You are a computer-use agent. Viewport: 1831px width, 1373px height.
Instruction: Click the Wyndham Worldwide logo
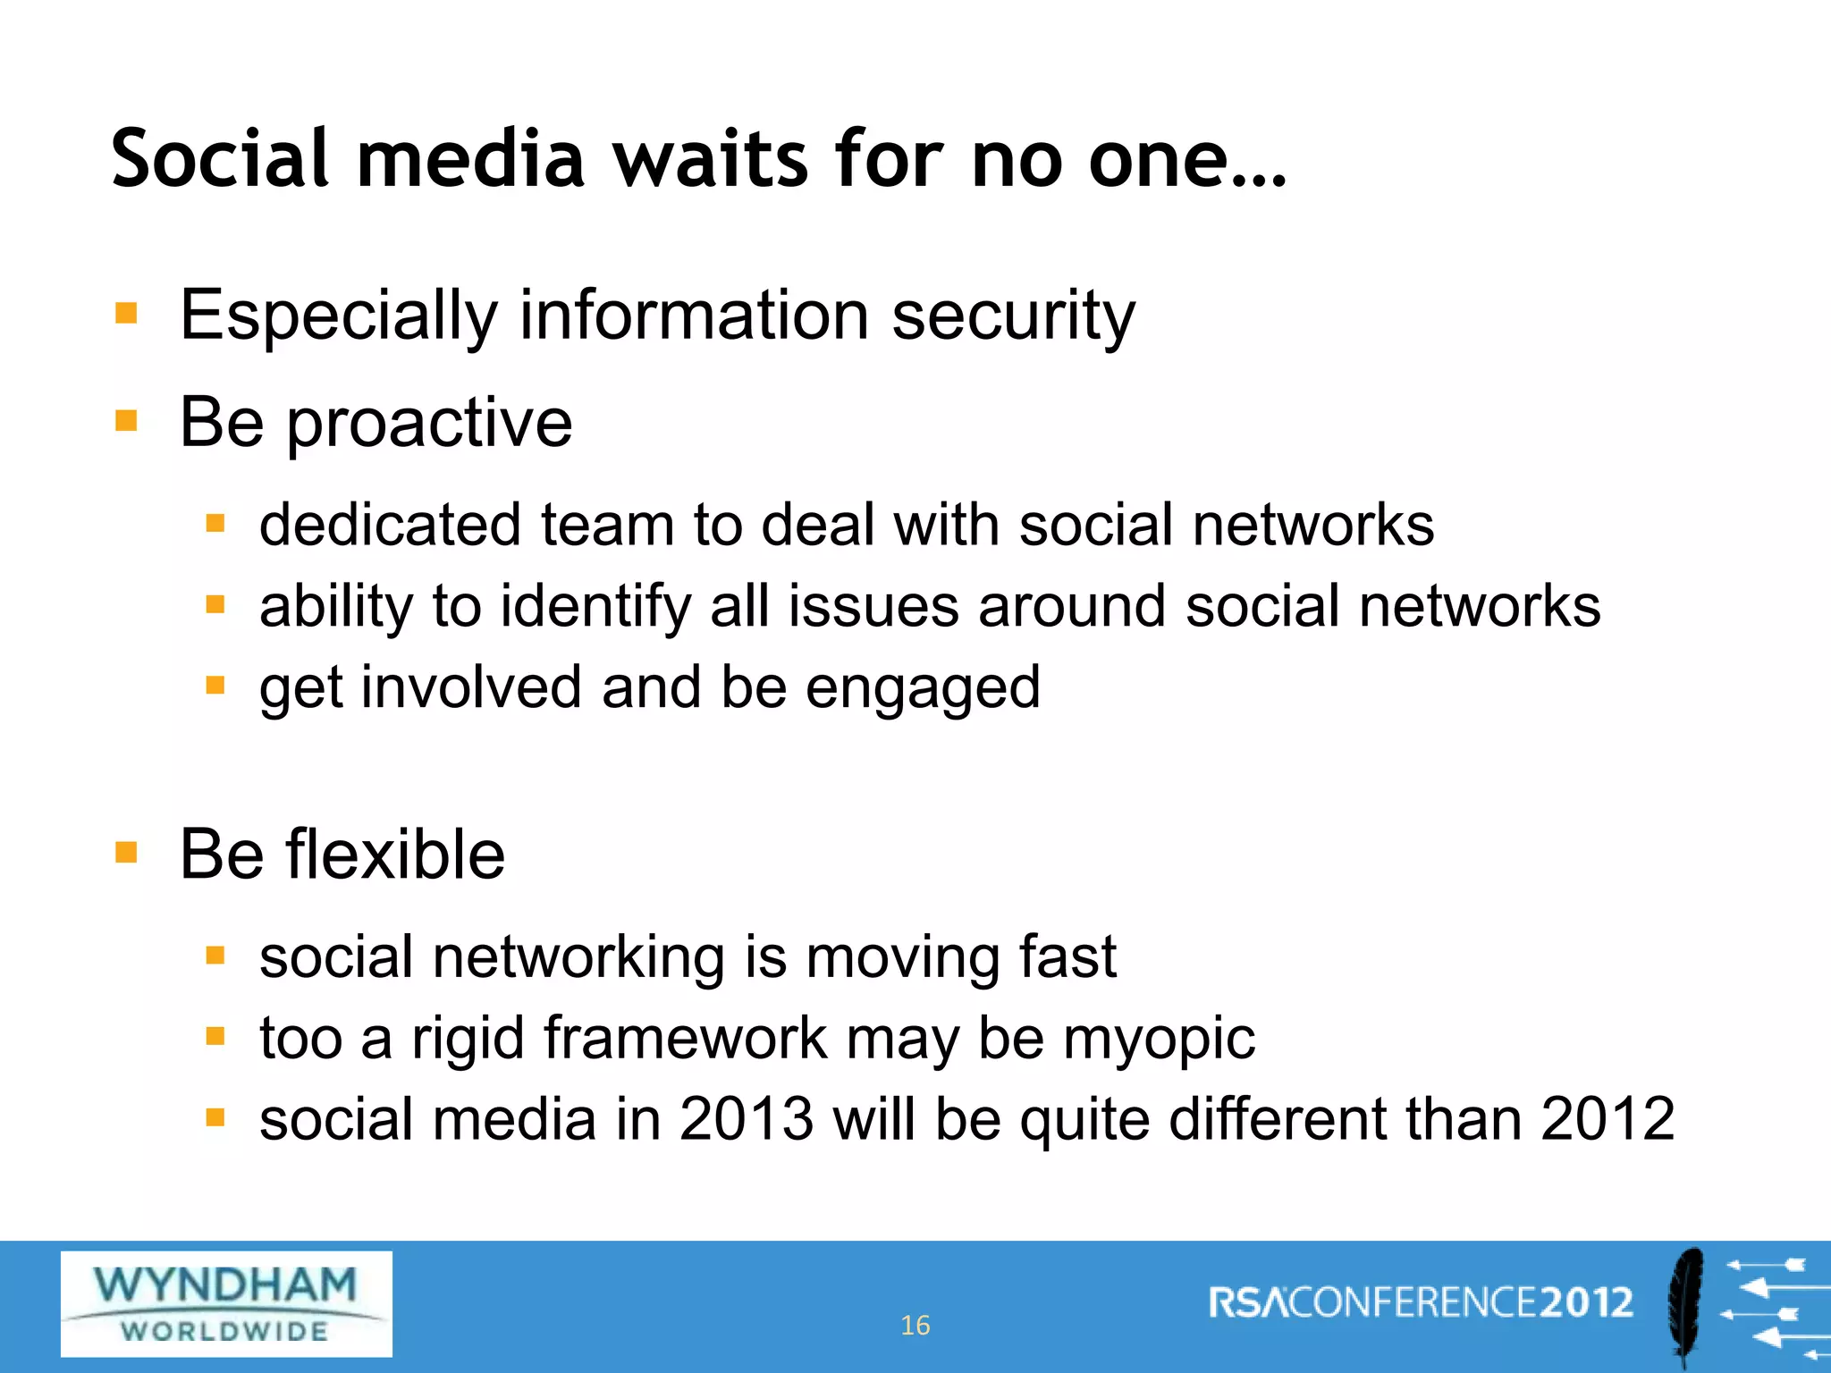coord(226,1303)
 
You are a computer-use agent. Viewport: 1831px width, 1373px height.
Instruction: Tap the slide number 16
coord(915,1325)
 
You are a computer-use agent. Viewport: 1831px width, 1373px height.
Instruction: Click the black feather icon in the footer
coord(1685,1305)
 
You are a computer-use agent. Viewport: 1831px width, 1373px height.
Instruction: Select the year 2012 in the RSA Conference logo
coord(1586,1302)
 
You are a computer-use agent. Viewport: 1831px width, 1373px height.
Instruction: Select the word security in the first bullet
coord(1013,316)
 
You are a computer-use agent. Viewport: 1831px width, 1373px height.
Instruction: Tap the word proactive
coord(429,423)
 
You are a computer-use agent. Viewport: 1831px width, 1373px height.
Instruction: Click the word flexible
coord(395,855)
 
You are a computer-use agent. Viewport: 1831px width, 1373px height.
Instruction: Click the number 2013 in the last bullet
coord(746,1119)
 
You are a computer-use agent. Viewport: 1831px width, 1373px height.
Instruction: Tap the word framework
coord(685,1039)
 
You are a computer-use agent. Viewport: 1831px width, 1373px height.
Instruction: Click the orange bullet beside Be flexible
coord(126,853)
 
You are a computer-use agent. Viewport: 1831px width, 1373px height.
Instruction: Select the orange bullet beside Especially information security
coord(126,313)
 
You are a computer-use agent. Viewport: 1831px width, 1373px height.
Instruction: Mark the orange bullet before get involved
coord(215,686)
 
